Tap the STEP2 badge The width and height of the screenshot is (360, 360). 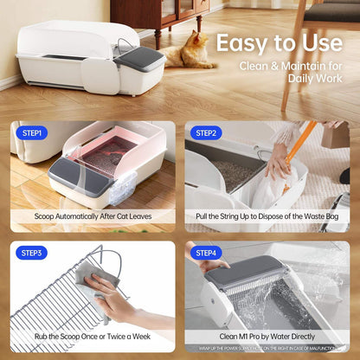(206, 133)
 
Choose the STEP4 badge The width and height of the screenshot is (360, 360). (206, 254)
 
